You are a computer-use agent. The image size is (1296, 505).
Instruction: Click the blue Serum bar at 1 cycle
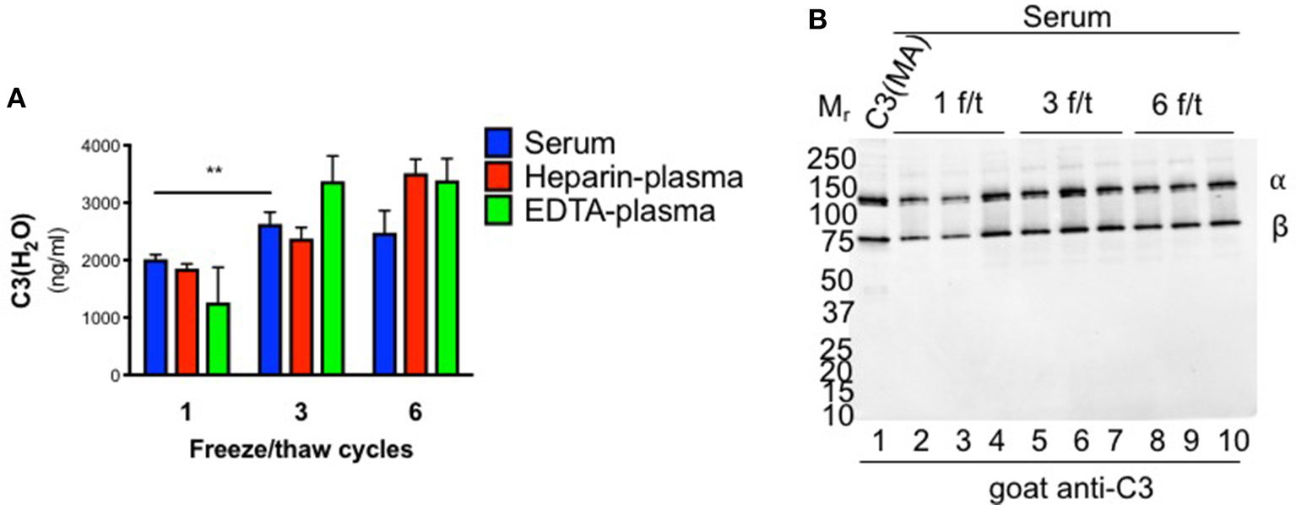coord(157,317)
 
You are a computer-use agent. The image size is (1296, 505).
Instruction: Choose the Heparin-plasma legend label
coord(633,177)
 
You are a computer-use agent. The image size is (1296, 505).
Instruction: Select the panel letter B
coord(818,23)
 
